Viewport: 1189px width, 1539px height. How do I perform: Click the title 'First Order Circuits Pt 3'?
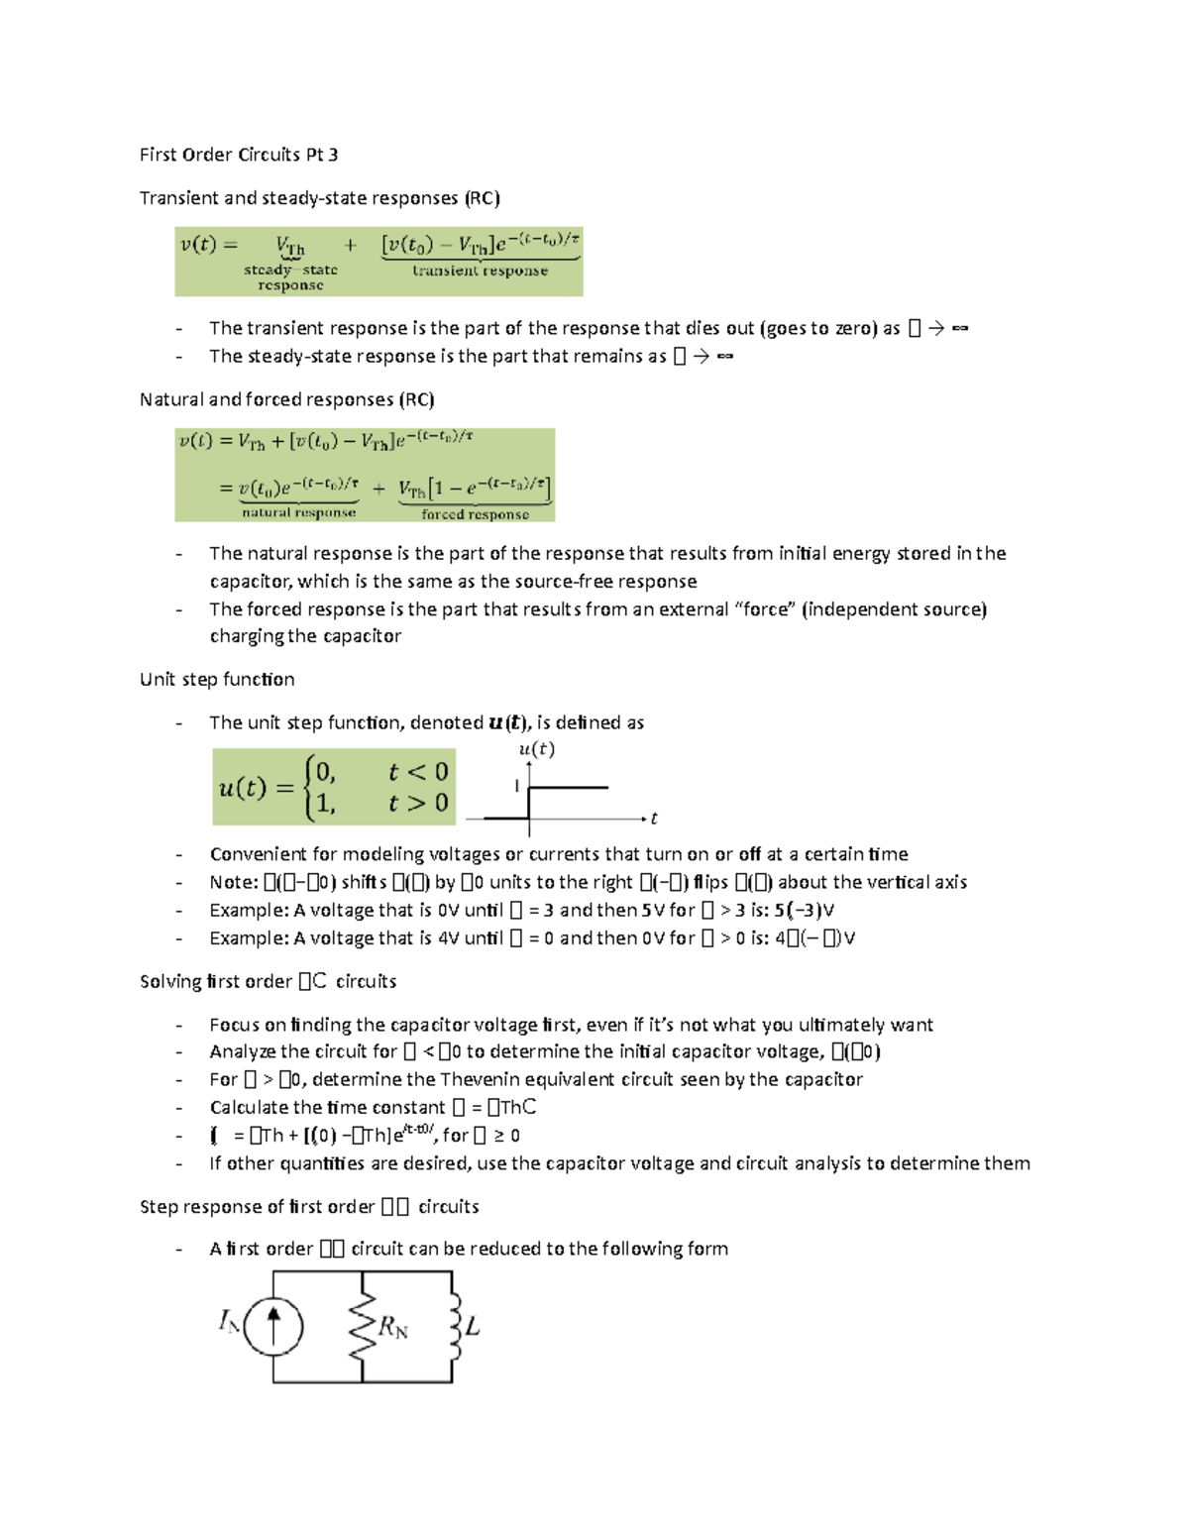239,155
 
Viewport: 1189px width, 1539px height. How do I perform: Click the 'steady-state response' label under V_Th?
290,276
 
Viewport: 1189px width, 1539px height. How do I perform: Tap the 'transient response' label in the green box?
480,271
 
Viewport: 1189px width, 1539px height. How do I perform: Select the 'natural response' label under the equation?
298,512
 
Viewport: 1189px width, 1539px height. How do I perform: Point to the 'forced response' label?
475,514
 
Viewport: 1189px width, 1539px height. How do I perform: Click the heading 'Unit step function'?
217,679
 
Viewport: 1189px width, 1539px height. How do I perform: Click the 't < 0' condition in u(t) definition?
418,772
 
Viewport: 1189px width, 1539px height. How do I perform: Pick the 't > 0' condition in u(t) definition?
418,803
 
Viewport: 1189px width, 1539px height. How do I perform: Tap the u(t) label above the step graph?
537,749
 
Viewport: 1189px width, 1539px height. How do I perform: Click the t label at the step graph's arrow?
654,819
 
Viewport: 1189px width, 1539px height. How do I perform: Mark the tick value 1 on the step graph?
516,786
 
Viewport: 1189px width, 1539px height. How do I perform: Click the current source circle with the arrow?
273,1327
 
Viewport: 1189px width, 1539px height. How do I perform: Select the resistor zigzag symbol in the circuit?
363,1326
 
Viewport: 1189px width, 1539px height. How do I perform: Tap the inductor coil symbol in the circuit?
455,1326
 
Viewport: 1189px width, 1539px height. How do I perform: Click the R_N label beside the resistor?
393,1327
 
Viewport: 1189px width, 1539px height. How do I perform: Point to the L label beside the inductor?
473,1326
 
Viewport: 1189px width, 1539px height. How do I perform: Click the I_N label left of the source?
228,1321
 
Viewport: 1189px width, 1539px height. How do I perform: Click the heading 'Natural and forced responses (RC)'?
287,399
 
